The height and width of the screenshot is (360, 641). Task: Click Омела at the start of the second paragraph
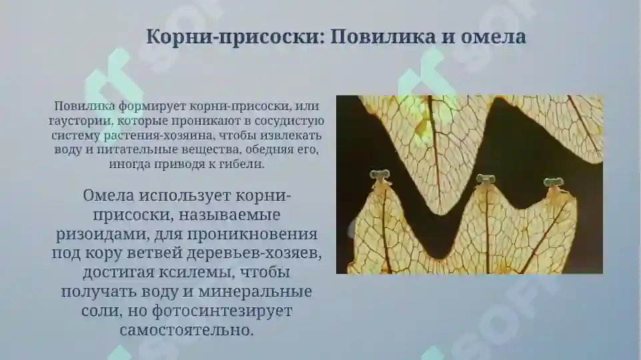click(109, 196)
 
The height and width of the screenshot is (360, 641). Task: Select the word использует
click(185, 196)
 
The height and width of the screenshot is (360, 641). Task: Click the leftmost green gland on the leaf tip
click(380, 176)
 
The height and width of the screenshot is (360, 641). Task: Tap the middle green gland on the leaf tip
click(485, 179)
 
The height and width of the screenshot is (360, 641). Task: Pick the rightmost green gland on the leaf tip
click(552, 182)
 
